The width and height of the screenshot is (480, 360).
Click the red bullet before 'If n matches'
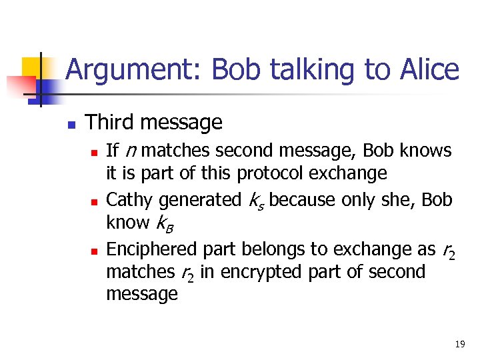(95, 152)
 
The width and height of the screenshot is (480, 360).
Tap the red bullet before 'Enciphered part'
(95, 251)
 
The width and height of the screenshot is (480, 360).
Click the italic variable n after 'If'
(130, 151)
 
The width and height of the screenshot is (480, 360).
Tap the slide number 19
(459, 345)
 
